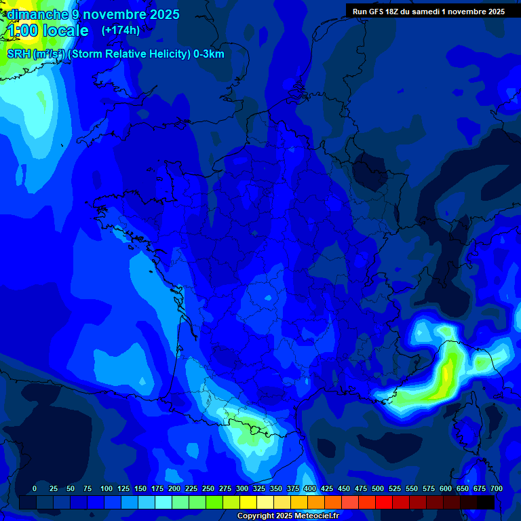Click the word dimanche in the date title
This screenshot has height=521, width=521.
38,14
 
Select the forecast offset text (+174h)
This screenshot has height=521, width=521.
121,31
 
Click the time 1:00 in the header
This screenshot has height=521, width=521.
22,31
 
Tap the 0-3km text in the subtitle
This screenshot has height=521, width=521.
209,54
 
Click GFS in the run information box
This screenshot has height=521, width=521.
380,12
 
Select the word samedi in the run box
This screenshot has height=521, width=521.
442,12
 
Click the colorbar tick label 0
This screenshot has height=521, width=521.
35,489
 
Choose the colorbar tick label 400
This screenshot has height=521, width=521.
310,489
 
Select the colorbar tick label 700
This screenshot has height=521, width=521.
496,489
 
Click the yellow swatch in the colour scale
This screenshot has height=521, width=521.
248,502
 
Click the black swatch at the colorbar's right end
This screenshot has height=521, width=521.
486,502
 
